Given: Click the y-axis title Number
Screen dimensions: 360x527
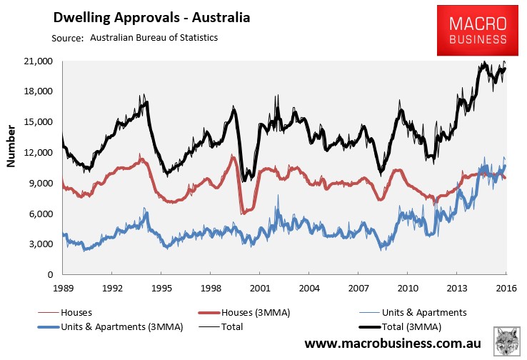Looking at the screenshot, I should point(11,146).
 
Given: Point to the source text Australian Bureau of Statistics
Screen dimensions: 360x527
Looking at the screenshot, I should point(154,37).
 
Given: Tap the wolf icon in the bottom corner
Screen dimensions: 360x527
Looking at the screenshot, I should point(507,341).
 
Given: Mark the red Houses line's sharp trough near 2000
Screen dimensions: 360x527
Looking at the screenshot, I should point(244,212).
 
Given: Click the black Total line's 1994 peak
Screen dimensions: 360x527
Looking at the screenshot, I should point(146,102).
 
